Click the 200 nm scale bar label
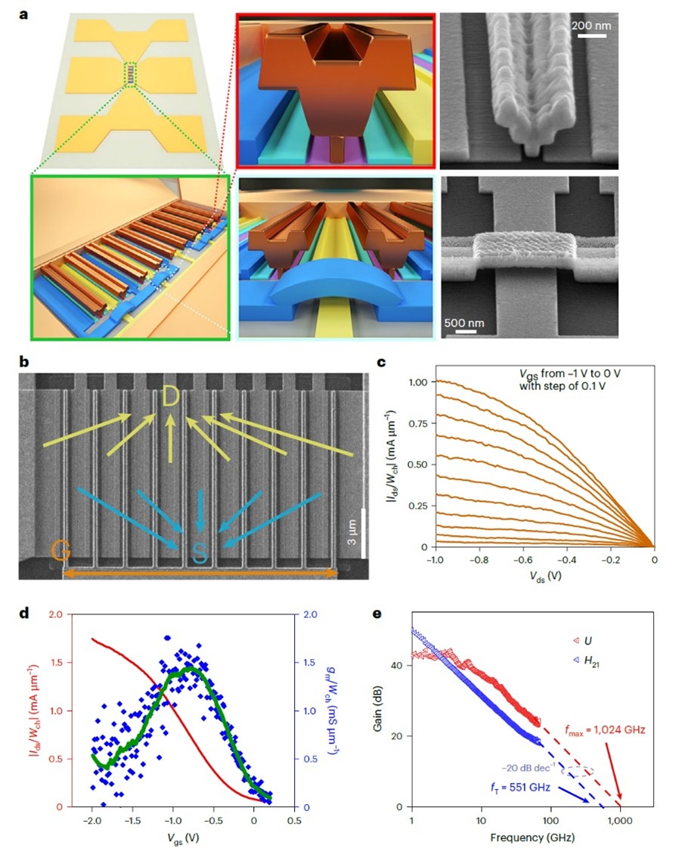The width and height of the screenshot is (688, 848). (590, 25)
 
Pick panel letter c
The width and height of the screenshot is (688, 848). (382, 362)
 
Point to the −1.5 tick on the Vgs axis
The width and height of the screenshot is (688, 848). (132, 821)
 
